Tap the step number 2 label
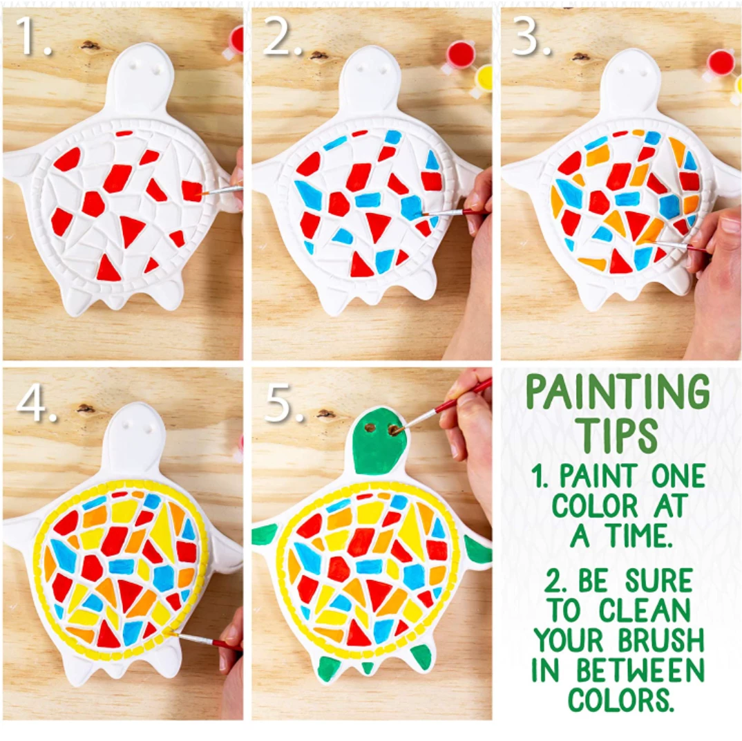click(x=283, y=37)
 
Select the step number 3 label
click(x=532, y=37)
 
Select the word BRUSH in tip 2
click(x=661, y=640)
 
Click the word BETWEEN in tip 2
click(x=640, y=670)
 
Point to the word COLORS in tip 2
click(x=620, y=700)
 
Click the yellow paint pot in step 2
click(x=483, y=80)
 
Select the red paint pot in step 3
click(x=720, y=64)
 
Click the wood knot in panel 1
click(x=89, y=46)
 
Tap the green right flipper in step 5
click(x=478, y=550)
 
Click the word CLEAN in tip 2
click(x=645, y=611)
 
